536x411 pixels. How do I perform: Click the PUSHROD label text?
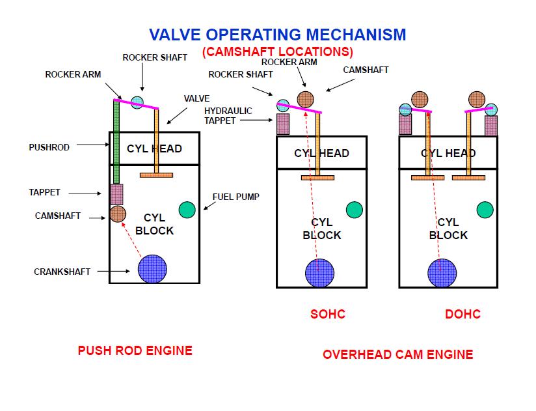pos(49,148)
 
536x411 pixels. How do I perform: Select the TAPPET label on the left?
pos(44,193)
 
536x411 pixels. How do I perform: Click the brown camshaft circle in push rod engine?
pos(118,214)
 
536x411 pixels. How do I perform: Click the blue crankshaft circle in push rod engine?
pos(153,268)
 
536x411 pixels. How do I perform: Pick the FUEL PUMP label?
pos(236,197)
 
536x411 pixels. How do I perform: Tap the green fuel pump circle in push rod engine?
pos(187,210)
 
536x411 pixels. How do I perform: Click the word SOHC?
pos(328,315)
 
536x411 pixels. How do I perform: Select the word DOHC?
pos(463,315)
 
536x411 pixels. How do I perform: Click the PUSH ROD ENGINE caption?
pos(135,351)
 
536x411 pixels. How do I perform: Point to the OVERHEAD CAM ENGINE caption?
pos(398,355)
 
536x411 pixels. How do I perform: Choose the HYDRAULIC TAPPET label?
pos(228,115)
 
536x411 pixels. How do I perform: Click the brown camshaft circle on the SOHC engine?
pos(305,99)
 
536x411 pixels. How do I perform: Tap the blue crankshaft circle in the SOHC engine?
pos(319,273)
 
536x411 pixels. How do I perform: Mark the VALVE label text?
pos(196,99)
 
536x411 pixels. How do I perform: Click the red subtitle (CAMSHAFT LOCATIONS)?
pos(277,51)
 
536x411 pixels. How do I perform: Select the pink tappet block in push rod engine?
pos(116,194)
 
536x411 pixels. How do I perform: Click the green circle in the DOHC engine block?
pos(485,210)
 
